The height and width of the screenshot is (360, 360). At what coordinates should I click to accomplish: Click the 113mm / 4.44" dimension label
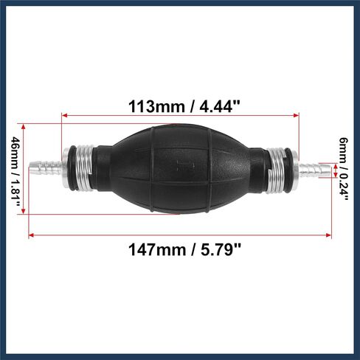point(184,107)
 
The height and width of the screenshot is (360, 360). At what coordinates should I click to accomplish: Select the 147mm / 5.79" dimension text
point(184,249)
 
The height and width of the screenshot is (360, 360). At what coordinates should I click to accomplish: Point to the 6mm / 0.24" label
point(344,169)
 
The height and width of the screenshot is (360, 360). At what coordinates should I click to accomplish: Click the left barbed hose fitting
point(45,167)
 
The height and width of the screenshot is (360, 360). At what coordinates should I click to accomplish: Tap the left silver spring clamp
point(85,167)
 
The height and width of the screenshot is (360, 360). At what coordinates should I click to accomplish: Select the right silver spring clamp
point(276,170)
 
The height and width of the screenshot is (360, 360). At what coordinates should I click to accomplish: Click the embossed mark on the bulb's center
point(186,166)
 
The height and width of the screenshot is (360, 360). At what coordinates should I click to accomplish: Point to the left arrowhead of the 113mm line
point(64,115)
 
